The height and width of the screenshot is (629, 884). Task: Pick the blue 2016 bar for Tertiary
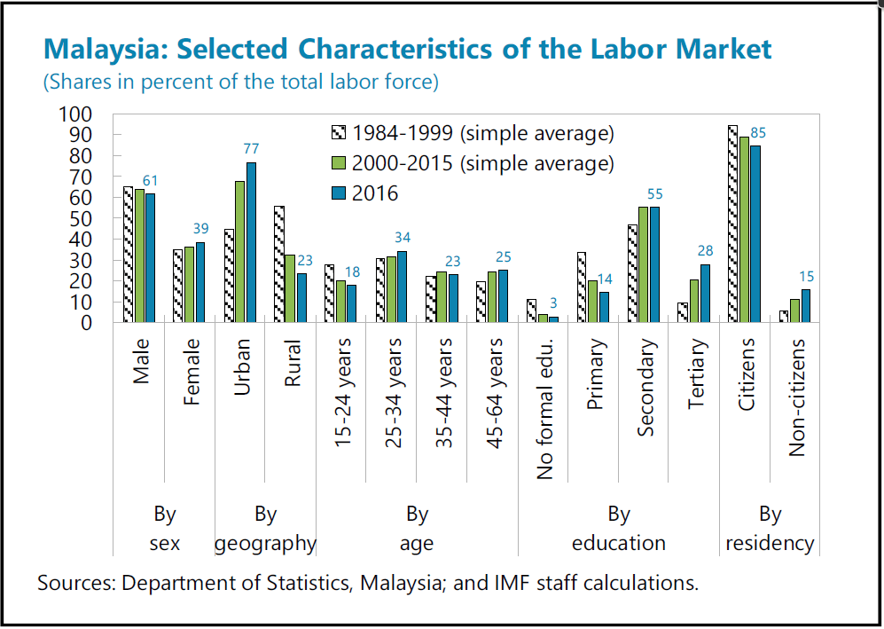coord(705,293)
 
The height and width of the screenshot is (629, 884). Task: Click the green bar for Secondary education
coord(644,264)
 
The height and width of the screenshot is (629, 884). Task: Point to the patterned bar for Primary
coord(582,287)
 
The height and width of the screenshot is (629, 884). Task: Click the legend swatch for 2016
coord(338,193)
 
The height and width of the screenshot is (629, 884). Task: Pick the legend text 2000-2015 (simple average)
coord(483,163)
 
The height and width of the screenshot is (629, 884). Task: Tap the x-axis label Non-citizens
coord(796,397)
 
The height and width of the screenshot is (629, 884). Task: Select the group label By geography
coord(265,529)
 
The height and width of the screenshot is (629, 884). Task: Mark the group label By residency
coord(770,529)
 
